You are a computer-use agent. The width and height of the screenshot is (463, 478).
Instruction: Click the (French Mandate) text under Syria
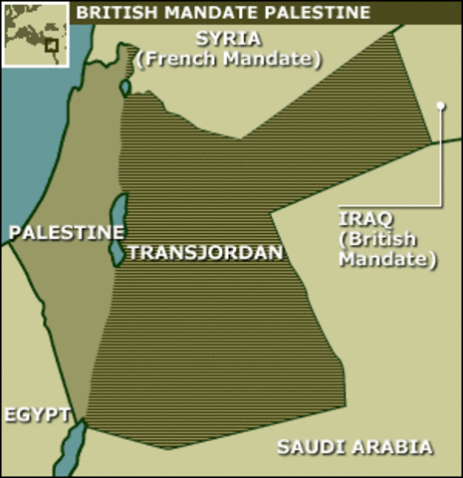(230, 59)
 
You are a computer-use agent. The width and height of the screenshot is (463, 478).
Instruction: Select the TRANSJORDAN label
(205, 252)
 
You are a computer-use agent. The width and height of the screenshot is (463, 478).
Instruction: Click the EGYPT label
(36, 414)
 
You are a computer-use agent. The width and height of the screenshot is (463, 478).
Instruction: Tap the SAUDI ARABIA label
(354, 447)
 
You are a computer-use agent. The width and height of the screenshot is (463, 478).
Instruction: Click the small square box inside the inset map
(51, 45)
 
